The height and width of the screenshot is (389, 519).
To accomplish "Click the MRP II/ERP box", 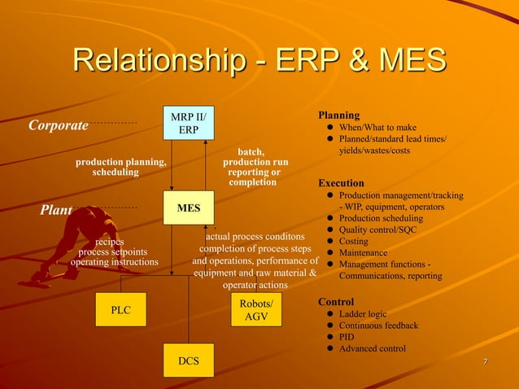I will (189, 125).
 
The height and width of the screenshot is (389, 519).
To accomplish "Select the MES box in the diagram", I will (189, 208).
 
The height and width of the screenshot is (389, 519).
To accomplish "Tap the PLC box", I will (120, 309).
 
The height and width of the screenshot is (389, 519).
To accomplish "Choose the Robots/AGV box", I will (256, 309).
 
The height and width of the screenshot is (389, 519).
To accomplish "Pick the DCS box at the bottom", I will (189, 360).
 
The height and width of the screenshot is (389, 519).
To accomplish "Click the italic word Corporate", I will (58, 125).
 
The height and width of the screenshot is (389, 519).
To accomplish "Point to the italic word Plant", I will (56, 210).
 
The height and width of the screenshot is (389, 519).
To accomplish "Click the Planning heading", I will (338, 116).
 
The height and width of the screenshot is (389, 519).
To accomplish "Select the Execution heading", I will (341, 183).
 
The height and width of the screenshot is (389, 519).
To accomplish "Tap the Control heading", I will (335, 302).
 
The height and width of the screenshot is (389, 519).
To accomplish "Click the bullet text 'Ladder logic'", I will (363, 314).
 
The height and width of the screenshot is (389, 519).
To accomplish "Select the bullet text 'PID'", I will (347, 337).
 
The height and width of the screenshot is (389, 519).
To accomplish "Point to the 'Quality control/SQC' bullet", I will (377, 230).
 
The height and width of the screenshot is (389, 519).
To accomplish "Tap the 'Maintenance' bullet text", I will (363, 253).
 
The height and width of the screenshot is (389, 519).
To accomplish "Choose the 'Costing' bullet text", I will (353, 242).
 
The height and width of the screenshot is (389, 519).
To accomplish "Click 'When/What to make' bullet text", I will (377, 128).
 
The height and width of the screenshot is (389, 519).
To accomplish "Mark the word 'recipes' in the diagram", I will (110, 242).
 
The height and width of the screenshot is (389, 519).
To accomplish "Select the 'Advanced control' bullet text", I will (372, 348).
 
